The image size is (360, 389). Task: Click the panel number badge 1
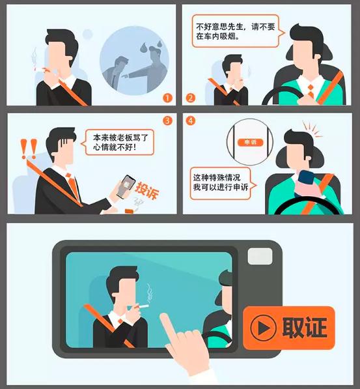(x=168, y=98)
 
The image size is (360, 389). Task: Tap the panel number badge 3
(x=168, y=121)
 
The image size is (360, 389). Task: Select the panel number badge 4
(x=190, y=121)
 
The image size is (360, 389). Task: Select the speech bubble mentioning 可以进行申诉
(x=220, y=181)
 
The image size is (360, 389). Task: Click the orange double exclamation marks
(x=28, y=149)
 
